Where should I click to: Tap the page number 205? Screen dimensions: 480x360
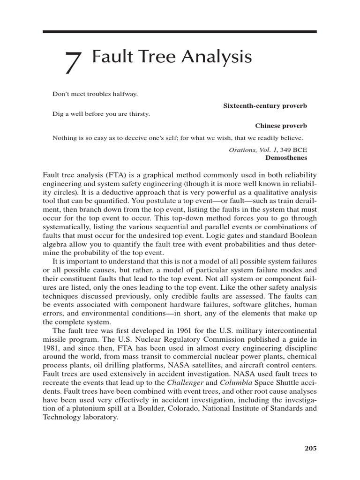pos(310,448)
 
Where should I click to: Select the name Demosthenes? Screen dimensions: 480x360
pos(288,157)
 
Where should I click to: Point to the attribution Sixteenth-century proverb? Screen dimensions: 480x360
pos(265,106)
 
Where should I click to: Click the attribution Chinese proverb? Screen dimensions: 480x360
pos(281,126)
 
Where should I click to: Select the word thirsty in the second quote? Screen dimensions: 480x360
pos(138,114)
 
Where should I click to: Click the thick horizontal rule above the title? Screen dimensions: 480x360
pos(180,32)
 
